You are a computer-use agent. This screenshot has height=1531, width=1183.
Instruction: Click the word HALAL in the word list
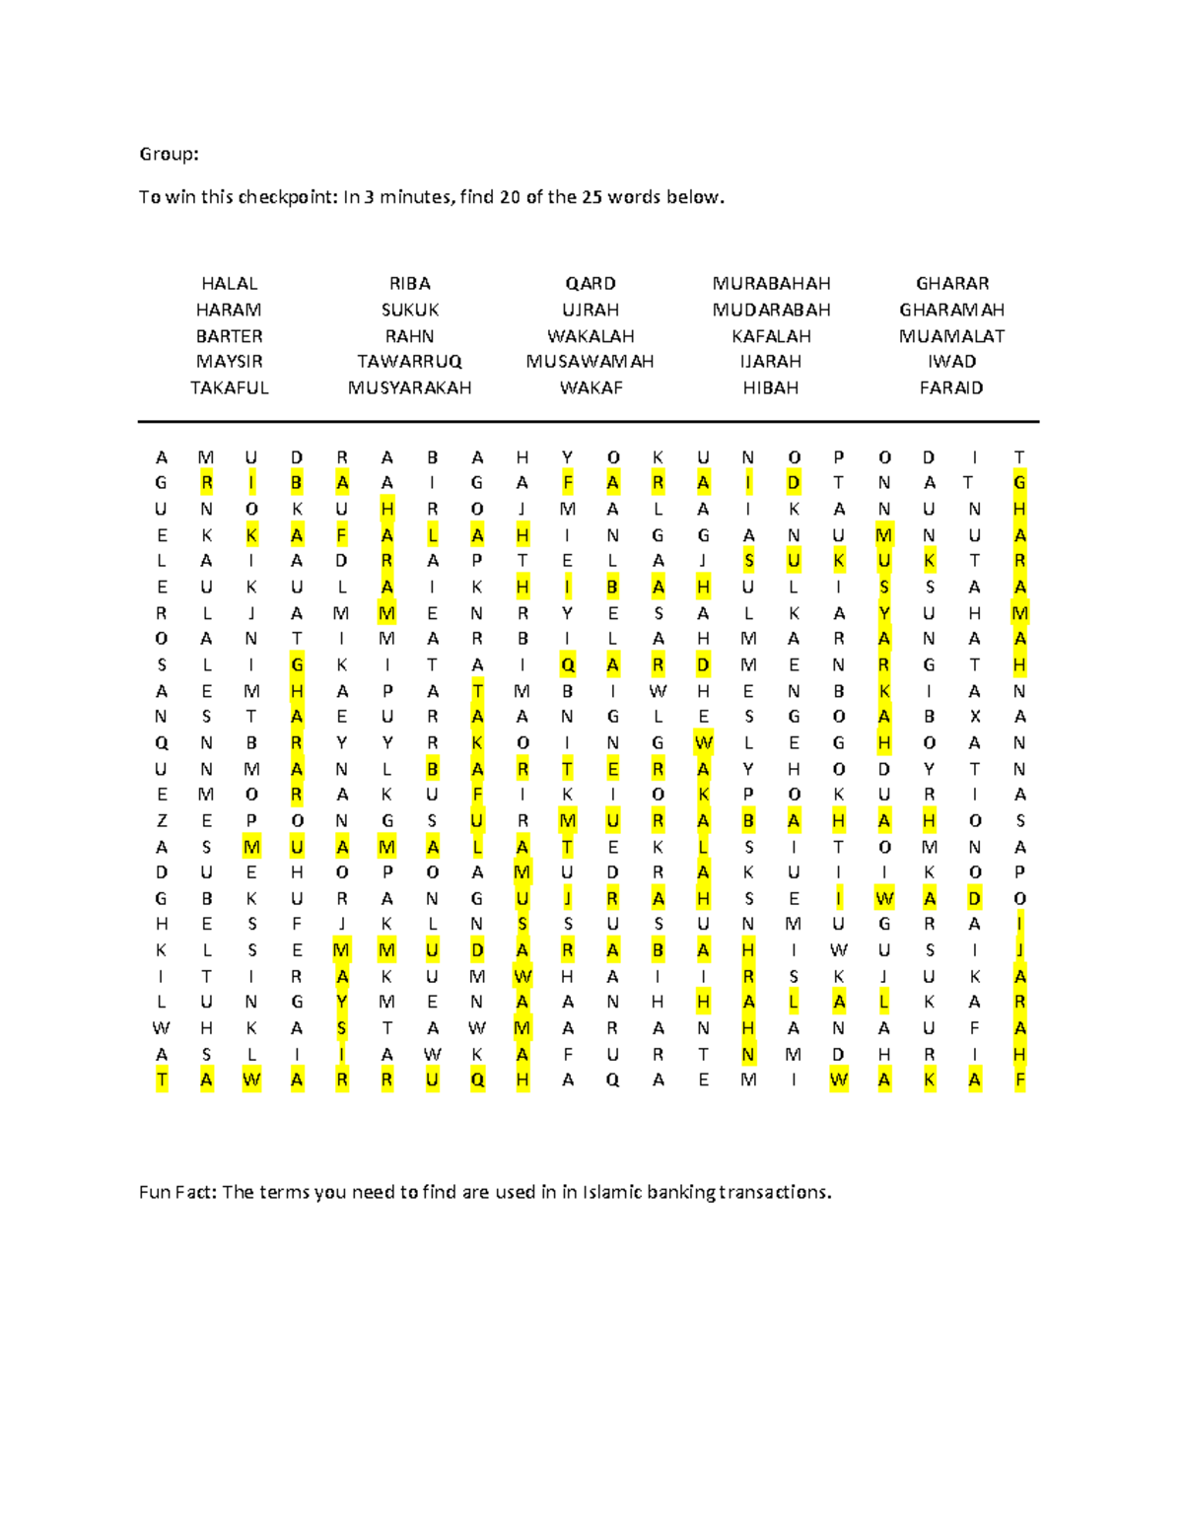click(x=229, y=283)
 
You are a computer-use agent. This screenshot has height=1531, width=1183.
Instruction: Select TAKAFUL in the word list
click(x=229, y=388)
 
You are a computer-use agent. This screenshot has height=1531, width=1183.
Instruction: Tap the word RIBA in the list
click(x=409, y=283)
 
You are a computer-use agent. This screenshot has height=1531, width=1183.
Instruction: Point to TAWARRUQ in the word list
click(x=409, y=362)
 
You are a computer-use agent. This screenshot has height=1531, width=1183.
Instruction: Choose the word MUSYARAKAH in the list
click(x=409, y=388)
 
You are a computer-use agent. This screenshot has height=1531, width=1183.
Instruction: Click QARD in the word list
click(x=590, y=283)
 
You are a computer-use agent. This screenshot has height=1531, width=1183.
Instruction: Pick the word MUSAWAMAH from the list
click(x=590, y=362)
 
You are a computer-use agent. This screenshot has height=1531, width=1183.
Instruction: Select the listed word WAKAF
click(x=590, y=388)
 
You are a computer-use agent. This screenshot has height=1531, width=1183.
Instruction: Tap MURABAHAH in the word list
click(x=771, y=283)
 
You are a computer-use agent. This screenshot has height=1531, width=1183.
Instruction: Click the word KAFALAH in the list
click(x=771, y=336)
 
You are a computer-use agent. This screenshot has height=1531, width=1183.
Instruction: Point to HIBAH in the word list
click(x=771, y=388)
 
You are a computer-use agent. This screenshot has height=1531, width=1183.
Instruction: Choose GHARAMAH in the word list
click(x=951, y=310)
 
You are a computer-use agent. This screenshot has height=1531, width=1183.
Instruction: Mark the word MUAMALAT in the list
click(x=951, y=336)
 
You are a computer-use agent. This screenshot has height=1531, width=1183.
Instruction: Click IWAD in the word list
click(x=951, y=362)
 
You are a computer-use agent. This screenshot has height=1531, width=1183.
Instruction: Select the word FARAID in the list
click(x=951, y=388)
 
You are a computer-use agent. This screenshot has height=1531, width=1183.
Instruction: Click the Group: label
click(x=169, y=154)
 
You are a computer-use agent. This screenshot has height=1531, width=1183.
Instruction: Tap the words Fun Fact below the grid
click(x=176, y=1192)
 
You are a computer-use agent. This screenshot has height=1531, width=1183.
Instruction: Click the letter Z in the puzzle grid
click(x=162, y=821)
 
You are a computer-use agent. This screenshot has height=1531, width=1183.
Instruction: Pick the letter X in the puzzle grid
click(x=974, y=717)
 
